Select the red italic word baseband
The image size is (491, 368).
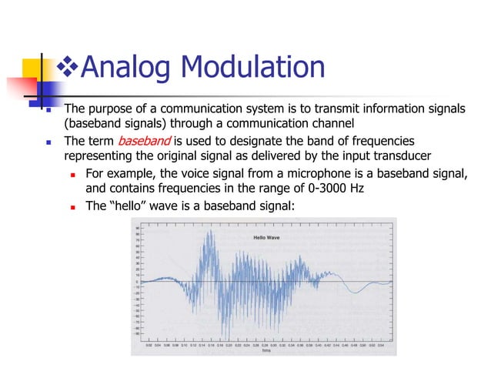click(x=144, y=141)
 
